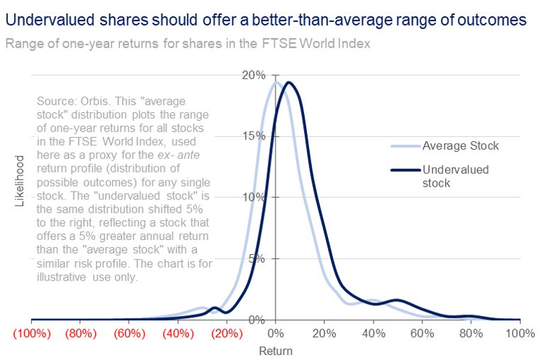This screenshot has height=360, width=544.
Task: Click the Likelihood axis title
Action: [20, 182]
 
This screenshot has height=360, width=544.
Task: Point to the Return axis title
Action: [276, 350]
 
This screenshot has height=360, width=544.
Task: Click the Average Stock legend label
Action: [461, 146]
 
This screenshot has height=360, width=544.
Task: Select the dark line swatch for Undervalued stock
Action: [404, 170]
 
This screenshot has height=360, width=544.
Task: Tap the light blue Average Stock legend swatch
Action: [404, 146]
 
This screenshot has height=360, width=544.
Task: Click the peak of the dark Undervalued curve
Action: [288, 82]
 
